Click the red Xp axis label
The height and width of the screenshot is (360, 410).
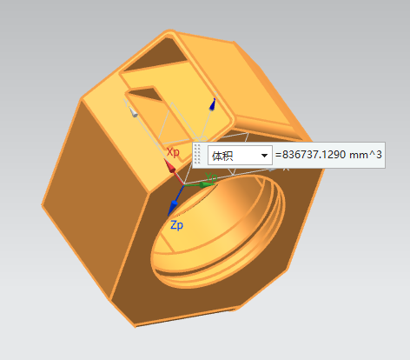tap(173, 152)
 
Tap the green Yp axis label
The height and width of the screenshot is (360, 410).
tap(211, 177)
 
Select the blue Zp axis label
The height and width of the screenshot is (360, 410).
tap(176, 225)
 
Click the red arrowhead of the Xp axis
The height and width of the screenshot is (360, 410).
tap(169, 165)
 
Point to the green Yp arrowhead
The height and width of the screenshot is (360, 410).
tap(207, 184)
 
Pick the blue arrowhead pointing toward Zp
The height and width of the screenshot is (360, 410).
tap(173, 207)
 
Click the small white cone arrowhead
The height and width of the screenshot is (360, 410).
tap(133, 112)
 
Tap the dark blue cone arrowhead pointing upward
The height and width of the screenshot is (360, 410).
tap(213, 104)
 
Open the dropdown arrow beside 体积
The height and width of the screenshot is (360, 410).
tap(264, 156)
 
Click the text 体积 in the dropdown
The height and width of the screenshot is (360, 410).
tap(222, 156)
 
